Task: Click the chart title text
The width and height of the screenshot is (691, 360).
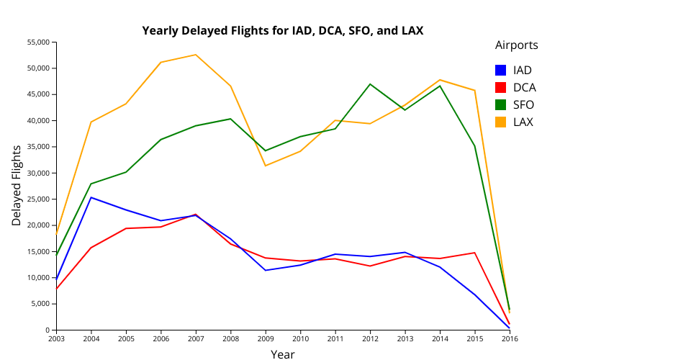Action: [283, 30]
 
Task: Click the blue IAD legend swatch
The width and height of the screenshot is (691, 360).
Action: [501, 71]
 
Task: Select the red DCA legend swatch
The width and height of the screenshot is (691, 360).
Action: [501, 88]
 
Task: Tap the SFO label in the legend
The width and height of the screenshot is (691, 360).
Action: [523, 105]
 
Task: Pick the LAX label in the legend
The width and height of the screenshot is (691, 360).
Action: [523, 122]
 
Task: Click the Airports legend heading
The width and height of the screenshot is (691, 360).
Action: [516, 45]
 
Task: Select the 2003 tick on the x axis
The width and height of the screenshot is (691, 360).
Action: [56, 338]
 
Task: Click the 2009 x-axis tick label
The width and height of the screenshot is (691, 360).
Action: [266, 338]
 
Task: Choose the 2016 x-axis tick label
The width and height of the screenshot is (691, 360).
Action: [510, 338]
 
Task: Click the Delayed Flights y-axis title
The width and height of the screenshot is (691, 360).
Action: [17, 186]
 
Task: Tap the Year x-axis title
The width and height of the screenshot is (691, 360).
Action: [282, 354]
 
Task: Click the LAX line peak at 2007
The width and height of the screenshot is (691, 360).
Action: [196, 55]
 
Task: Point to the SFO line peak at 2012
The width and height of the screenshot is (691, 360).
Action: [370, 84]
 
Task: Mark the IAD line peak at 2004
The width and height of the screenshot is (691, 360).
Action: [91, 197]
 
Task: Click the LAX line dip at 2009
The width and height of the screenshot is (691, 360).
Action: [266, 166]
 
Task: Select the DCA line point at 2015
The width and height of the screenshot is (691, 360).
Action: [475, 253]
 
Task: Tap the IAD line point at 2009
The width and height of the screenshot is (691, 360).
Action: [266, 270]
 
